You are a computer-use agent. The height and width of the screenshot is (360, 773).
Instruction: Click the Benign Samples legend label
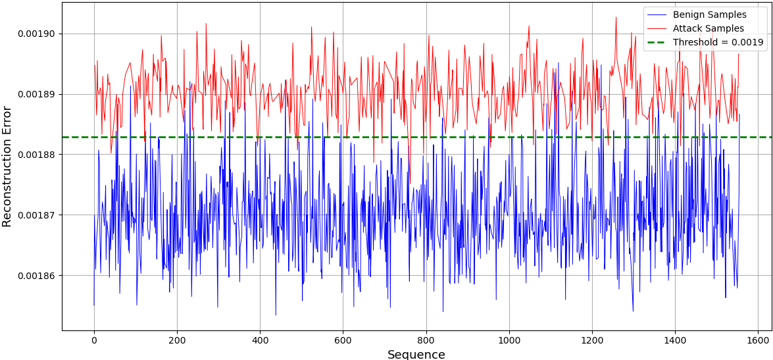click(709, 14)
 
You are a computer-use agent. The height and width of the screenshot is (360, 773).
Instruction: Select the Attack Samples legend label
click(708, 28)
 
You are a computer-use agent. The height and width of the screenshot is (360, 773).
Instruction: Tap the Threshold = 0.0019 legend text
click(718, 42)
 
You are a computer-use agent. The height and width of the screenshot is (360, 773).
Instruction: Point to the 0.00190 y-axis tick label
click(37, 34)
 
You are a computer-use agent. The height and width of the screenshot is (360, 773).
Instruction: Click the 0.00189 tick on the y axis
click(37, 94)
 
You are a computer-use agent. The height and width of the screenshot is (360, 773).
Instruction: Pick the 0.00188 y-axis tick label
click(37, 155)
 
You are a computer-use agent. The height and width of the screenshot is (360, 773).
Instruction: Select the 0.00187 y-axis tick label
click(37, 215)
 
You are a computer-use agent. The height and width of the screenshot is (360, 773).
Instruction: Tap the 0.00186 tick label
click(37, 276)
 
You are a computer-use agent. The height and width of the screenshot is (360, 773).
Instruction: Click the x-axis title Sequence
click(416, 354)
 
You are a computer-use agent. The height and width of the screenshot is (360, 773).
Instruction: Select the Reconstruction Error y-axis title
click(7, 166)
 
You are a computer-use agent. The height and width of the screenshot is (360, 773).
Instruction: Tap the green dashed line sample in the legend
click(657, 42)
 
